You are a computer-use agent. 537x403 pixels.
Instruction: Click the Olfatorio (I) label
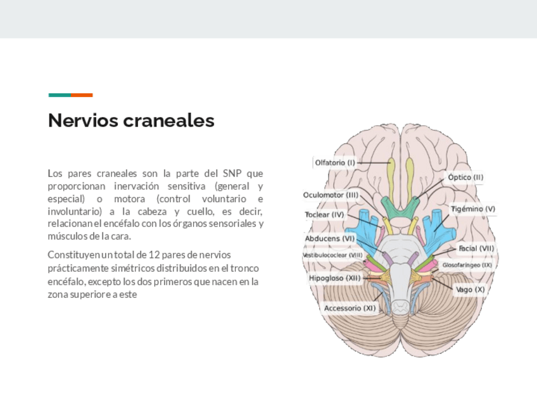coord(335,163)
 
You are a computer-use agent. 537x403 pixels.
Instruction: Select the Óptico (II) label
coord(465,177)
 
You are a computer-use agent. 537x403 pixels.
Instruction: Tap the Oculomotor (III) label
coord(331,195)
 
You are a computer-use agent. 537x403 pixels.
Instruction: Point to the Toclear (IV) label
coord(324,215)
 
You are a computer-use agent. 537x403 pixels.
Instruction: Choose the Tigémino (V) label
coord(473,208)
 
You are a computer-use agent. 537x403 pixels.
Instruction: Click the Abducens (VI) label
coord(330,238)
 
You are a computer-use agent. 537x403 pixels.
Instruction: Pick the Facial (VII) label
coord(476,248)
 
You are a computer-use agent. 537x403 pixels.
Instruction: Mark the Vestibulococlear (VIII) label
coord(332,255)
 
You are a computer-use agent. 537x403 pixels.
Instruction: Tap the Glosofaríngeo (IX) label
coord(467,265)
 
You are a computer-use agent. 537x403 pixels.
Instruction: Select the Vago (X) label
coord(471,289)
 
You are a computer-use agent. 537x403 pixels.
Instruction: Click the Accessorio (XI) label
coord(350,308)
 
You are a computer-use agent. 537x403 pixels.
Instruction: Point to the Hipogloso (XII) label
coord(334,278)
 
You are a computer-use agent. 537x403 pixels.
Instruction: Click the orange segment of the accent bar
coord(82,95)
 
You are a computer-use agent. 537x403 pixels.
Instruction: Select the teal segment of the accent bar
coord(60,95)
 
